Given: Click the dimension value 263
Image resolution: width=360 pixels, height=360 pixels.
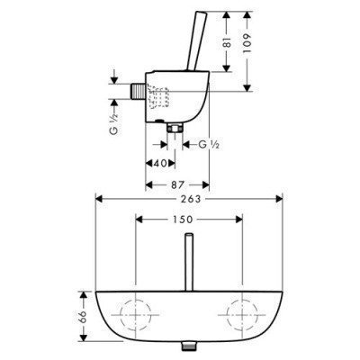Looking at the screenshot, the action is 191,199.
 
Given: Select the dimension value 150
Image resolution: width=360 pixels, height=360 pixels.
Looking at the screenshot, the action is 183,220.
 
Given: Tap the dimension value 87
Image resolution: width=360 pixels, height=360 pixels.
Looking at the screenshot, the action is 177,184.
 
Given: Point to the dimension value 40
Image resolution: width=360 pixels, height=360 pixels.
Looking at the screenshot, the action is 160,164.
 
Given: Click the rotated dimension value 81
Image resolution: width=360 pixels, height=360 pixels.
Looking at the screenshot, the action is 228,42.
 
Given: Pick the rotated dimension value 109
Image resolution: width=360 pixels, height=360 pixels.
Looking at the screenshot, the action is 247,43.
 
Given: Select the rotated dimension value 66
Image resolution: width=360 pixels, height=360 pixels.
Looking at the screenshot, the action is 83,316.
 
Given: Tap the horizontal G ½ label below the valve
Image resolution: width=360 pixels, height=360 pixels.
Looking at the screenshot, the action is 209,145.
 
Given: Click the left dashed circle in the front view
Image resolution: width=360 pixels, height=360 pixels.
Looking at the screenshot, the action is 121,315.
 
